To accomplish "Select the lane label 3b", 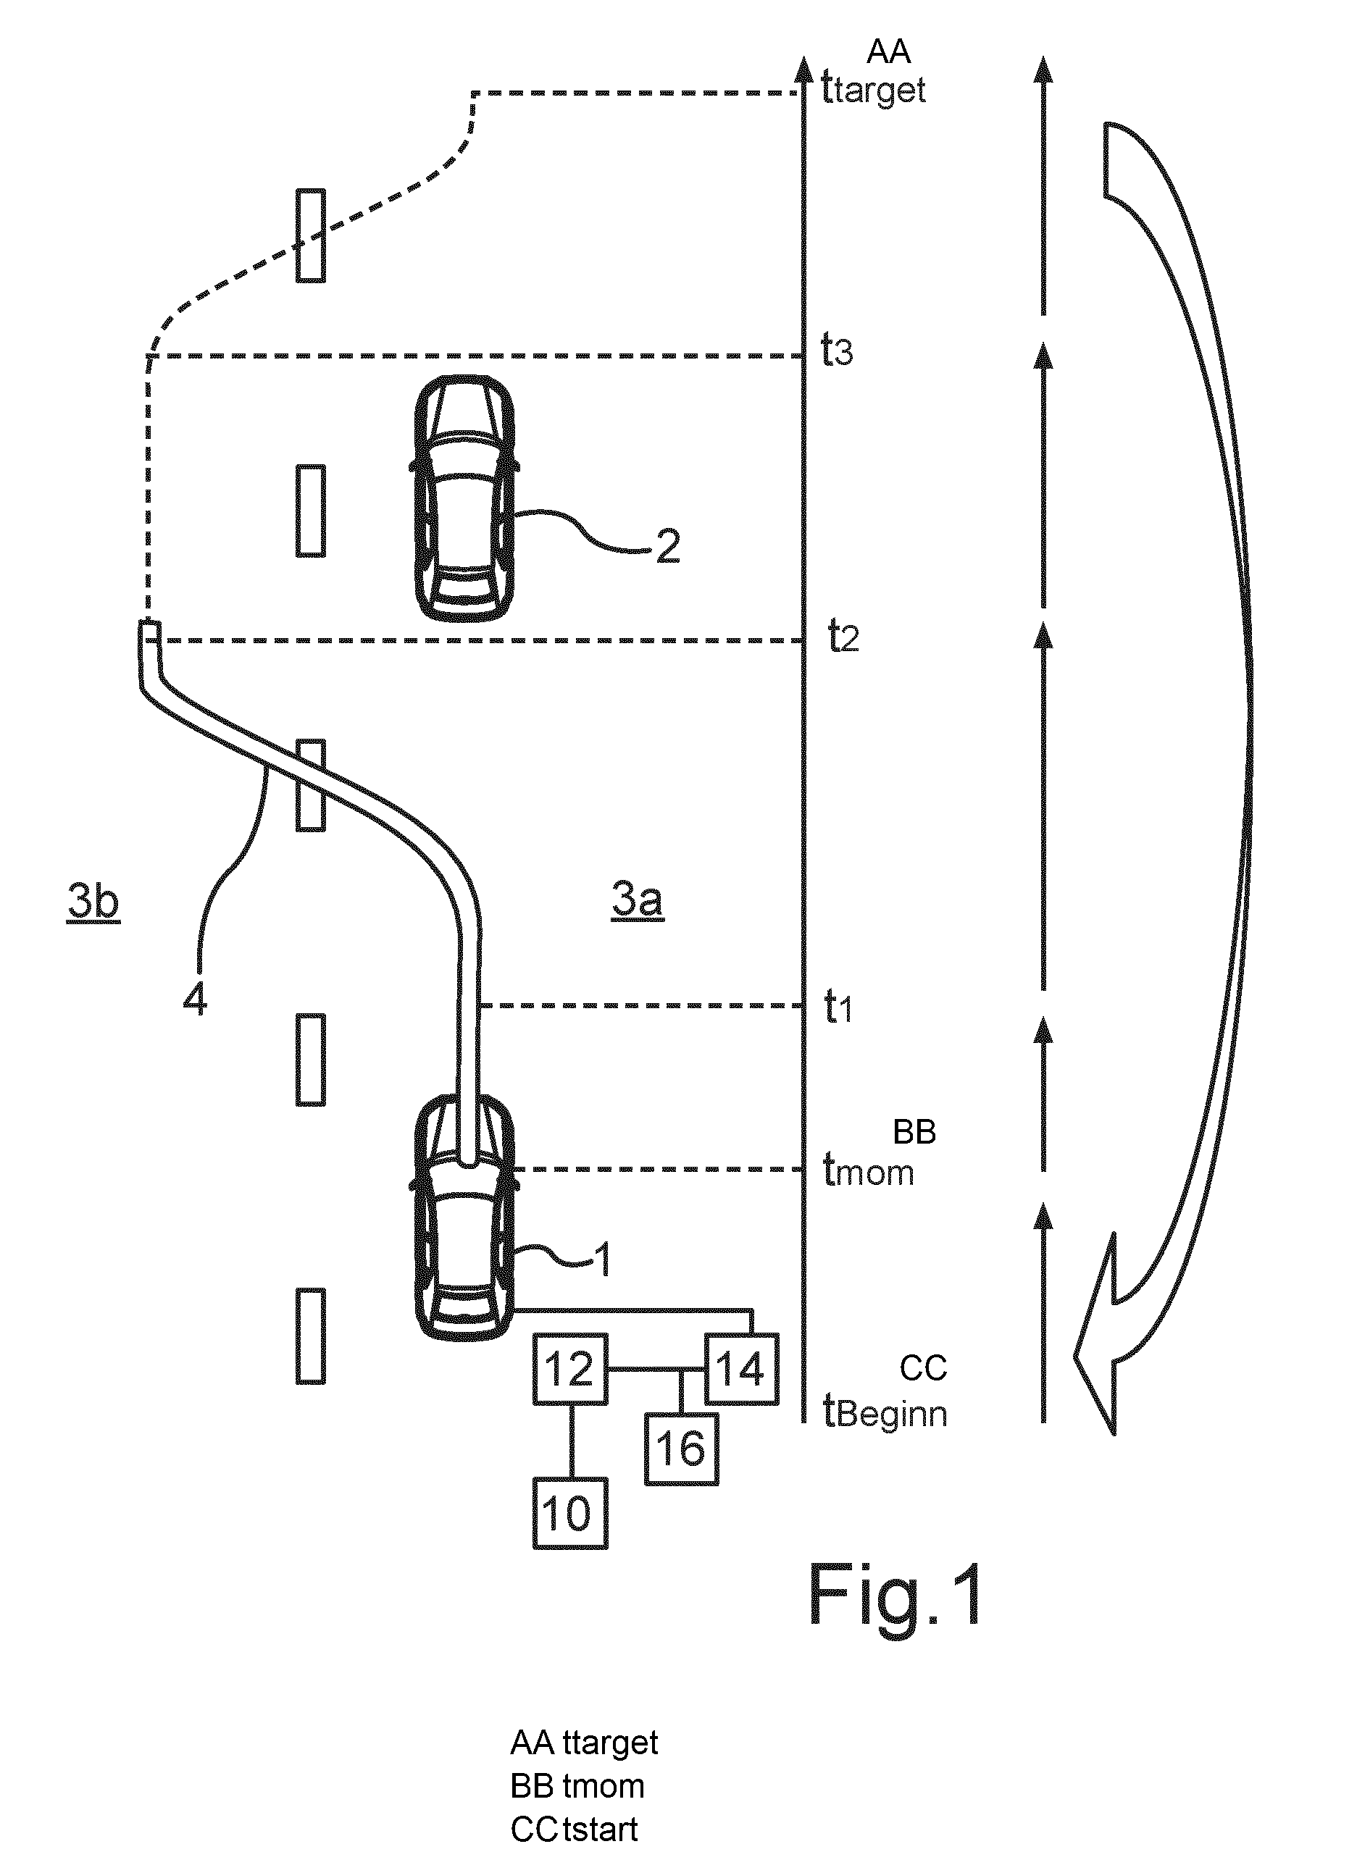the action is (93, 901).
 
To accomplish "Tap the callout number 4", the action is (195, 1000).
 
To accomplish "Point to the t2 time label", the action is (843, 637).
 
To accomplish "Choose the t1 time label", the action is (838, 1007).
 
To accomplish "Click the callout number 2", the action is (668, 546).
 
